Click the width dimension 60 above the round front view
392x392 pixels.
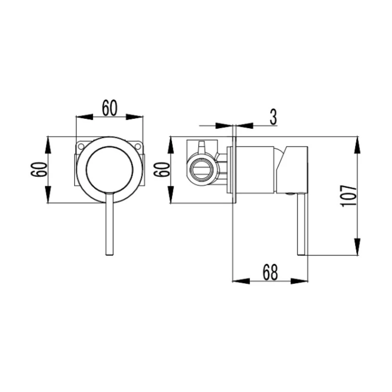point(109,108)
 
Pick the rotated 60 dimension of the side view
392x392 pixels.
point(162,169)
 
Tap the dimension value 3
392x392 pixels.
point(273,117)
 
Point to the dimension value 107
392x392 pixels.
point(348,196)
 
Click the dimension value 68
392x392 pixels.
point(270,272)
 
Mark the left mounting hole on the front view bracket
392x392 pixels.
point(81,146)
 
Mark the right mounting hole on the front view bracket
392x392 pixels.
point(138,146)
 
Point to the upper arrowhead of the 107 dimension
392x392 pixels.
point(357,145)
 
